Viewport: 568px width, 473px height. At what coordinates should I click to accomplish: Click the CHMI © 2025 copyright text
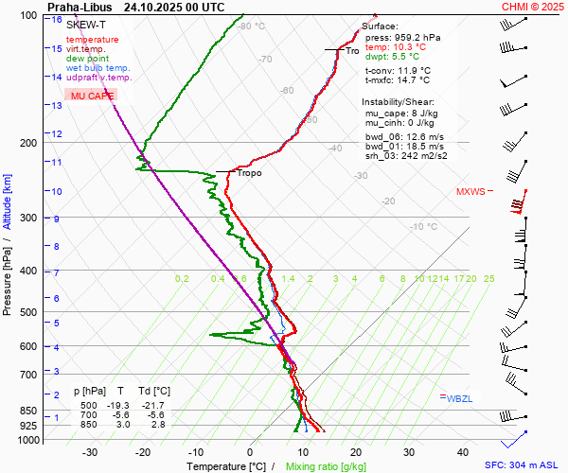[532, 7]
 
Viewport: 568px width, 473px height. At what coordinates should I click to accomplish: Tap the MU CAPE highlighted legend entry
[92, 96]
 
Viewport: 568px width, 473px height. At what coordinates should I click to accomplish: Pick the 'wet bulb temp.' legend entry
[98, 68]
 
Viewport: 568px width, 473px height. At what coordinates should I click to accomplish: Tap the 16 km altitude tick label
[57, 20]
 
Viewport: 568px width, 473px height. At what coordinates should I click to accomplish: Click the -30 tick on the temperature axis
[90, 452]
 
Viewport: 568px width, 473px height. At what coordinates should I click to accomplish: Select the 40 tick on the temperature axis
[463, 452]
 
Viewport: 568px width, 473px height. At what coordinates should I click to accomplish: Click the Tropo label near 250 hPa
[249, 173]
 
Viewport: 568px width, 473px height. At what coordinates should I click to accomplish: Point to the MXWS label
[470, 191]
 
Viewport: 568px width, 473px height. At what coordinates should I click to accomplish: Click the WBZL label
[460, 398]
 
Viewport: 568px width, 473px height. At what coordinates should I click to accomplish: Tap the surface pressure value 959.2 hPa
[405, 37]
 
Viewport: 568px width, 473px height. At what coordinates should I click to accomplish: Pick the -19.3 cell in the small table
[120, 404]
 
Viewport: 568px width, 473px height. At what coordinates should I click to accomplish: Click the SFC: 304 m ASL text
[523, 465]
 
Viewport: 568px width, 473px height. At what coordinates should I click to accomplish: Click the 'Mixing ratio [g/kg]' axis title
[327, 466]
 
